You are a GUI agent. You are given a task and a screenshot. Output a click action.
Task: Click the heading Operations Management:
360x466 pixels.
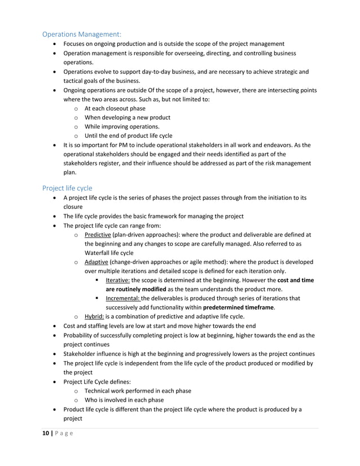pos(82,33)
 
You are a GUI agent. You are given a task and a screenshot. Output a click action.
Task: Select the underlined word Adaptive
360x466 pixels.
pos(96,262)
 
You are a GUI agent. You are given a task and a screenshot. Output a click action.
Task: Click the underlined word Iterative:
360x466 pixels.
pos(117,280)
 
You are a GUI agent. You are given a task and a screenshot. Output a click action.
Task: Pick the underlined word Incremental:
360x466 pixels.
pos(123,298)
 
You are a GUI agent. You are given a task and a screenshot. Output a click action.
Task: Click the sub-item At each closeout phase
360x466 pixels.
pos(115,108)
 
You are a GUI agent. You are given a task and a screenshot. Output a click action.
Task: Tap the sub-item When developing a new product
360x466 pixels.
pos(127,117)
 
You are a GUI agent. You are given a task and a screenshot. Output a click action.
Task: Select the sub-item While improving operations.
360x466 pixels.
pos(122,126)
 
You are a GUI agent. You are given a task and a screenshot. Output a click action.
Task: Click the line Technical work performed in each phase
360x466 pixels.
pos(138,390)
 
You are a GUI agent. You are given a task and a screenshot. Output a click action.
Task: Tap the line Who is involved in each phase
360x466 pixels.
pos(124,400)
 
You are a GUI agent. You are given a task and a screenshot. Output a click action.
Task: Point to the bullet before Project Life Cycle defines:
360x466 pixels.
pos(54,382)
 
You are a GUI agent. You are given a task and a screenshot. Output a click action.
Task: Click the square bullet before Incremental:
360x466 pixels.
pos(98,298)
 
